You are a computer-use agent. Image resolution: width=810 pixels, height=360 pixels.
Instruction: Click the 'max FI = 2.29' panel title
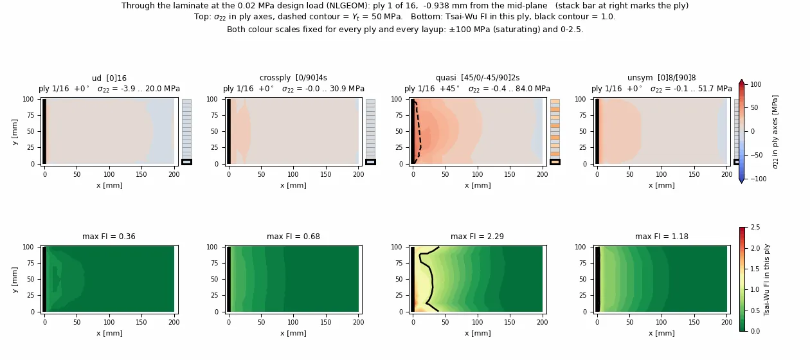[x=477, y=237]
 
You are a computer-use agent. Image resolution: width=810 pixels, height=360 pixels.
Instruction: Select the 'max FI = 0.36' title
[x=109, y=237]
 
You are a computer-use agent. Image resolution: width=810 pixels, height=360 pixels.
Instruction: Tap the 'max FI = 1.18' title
[x=661, y=237]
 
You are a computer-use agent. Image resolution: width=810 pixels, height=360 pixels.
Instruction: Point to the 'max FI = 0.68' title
[x=293, y=237]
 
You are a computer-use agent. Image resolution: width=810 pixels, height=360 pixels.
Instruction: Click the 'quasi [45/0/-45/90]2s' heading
[x=477, y=78]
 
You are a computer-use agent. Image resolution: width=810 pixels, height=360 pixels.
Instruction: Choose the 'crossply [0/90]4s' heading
[x=293, y=78]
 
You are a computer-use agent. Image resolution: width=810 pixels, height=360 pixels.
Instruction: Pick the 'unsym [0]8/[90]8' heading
[x=661, y=78]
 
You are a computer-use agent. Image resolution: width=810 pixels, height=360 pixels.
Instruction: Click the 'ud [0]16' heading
[x=109, y=78]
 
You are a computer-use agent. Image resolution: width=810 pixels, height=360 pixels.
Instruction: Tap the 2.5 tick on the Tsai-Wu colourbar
[x=755, y=228]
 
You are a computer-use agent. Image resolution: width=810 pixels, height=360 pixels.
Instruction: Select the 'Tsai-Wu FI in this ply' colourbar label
[x=766, y=280]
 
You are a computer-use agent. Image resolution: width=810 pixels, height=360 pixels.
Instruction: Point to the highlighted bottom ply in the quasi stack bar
[x=555, y=162]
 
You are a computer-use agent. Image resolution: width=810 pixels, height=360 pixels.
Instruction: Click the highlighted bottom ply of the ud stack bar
[x=186, y=162]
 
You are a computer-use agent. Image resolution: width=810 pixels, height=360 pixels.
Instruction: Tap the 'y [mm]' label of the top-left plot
[x=14, y=132]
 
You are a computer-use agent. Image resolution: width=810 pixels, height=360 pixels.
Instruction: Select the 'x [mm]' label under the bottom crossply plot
[x=293, y=333]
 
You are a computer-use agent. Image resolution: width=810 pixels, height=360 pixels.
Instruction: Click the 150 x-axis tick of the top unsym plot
[x=694, y=174]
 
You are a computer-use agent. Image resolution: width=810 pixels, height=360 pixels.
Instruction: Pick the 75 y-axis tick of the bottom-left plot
[x=31, y=263]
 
